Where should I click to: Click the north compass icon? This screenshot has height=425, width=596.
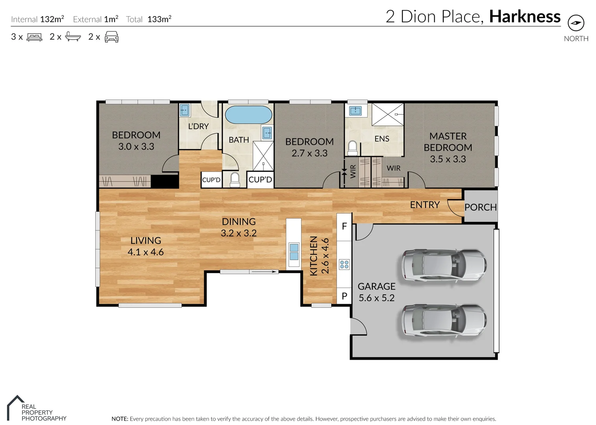(576, 23)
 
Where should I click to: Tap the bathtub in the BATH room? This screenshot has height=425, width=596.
(248, 115)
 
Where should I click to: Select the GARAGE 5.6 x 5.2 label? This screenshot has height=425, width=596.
(376, 292)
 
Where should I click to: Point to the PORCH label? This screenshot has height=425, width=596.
(480, 207)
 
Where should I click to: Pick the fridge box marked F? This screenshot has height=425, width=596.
(344, 226)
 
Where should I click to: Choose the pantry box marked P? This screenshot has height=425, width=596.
(344, 296)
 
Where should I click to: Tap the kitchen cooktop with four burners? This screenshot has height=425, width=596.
(344, 264)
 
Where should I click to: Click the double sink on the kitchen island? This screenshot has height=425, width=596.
(294, 252)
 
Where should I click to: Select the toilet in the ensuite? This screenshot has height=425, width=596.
(352, 148)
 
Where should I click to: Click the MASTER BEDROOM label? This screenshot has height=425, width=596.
(448, 148)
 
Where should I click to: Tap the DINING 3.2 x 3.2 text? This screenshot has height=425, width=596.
(239, 227)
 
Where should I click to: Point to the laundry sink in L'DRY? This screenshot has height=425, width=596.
(184, 110)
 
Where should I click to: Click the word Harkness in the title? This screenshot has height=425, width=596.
(525, 17)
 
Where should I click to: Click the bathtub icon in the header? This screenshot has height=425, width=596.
(73, 37)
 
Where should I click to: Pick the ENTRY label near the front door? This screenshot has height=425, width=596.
(424, 205)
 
